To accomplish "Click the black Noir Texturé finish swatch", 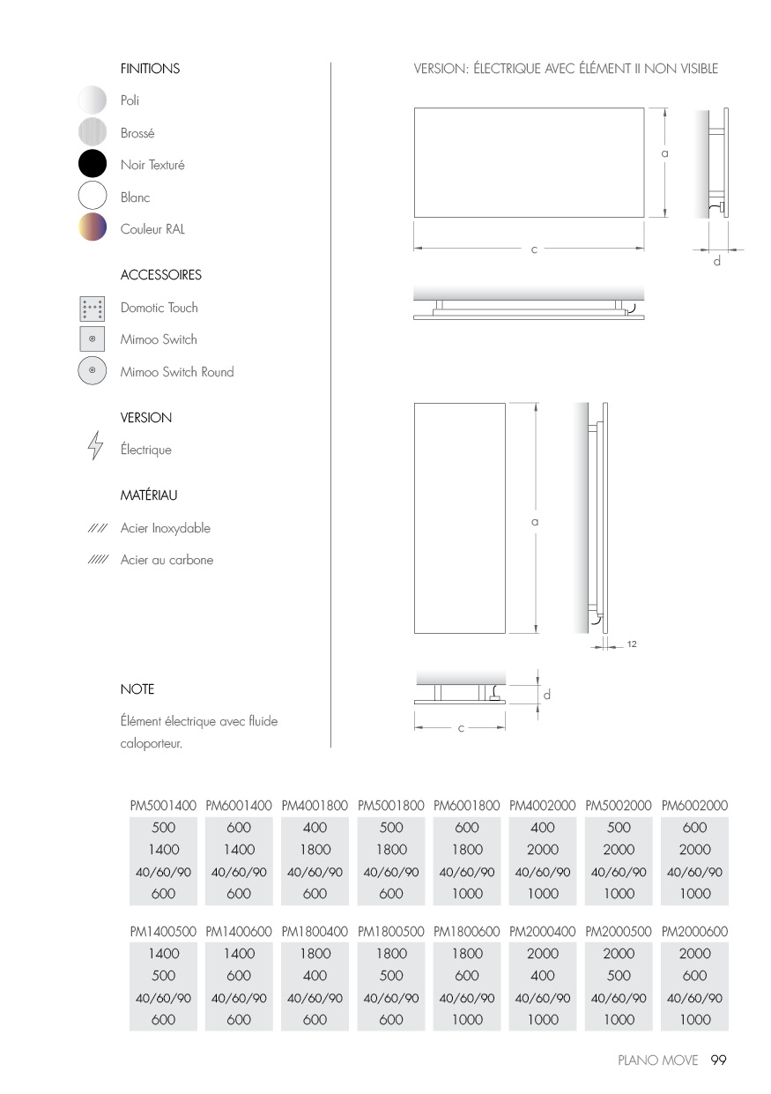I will tap(92, 165).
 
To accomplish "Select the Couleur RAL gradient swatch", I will tap(92, 228).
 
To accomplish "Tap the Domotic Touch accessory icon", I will tap(92, 308).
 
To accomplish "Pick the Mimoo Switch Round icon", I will tap(92, 371).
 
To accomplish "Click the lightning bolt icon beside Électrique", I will tap(94, 448).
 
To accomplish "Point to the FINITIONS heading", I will tap(150, 69).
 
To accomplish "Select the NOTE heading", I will tap(137, 689).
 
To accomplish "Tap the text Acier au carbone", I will tap(167, 560).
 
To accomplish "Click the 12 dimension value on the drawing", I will tap(632, 644).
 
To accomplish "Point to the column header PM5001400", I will tap(163, 806).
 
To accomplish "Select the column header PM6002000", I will tap(694, 806).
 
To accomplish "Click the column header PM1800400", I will tap(315, 931).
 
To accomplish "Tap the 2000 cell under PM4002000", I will tap(543, 850).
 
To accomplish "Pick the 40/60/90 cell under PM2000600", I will tap(694, 998).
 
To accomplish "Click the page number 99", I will tap(718, 1061).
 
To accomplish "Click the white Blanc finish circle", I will tap(92, 197).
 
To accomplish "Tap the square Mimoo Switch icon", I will tap(92, 339).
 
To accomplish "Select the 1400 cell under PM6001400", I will tap(239, 850).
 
